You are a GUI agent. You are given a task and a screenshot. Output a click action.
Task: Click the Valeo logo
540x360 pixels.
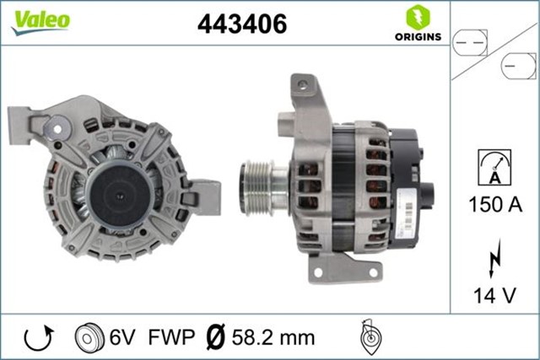[x=40, y=21]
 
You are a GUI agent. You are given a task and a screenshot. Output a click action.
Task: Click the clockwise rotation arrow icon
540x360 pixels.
[x=39, y=337]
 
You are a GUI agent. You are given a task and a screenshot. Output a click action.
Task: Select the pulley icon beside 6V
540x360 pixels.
[x=87, y=337]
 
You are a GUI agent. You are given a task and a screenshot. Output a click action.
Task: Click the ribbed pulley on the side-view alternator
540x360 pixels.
[x=256, y=180]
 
